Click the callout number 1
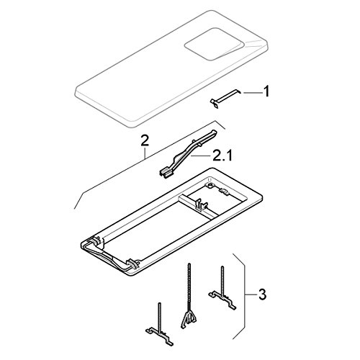coord(266,91)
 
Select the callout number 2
coord(145,141)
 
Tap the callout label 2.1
coord(222,156)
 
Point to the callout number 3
coord(262,294)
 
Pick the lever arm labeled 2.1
coord(188,154)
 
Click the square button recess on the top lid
coord(213,44)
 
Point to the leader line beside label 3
coord(251,294)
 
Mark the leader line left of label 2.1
coord(201,156)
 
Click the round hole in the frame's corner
coord(210,185)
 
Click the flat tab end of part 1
coord(215,103)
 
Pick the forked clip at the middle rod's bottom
coord(189,320)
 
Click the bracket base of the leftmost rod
coord(160,336)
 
